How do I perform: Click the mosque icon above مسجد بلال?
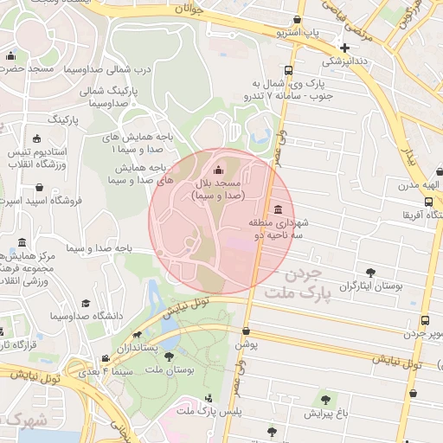point(217,170)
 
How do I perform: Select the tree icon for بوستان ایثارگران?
point(371,273)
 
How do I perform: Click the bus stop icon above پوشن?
point(247,331)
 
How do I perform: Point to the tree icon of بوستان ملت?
point(169,356)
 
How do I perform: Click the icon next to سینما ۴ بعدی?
point(106,359)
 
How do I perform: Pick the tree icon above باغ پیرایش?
point(325,400)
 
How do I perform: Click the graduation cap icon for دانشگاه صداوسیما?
point(86,303)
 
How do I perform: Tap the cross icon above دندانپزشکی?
point(345,48)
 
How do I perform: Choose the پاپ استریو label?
point(296,32)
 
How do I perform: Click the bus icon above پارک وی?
point(288,71)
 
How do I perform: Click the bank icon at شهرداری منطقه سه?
point(277,209)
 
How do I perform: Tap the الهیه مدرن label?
point(420,184)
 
